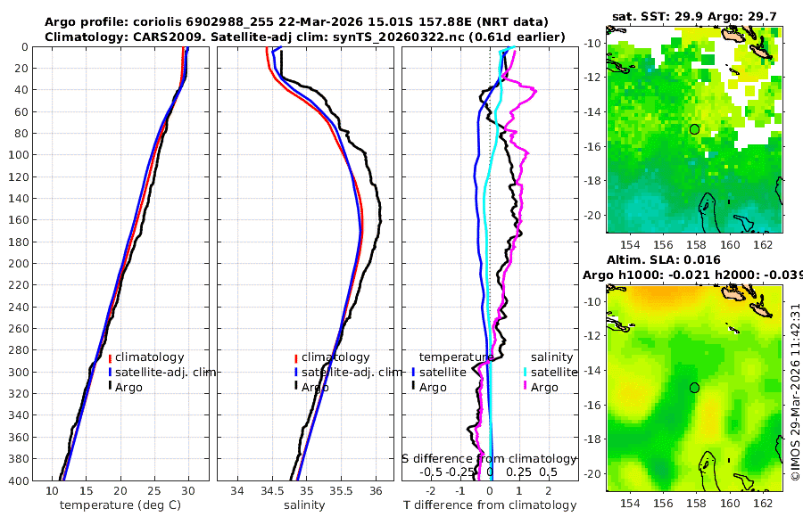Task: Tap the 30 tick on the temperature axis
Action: (188, 490)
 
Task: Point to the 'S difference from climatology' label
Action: (489, 458)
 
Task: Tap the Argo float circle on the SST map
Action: (694, 129)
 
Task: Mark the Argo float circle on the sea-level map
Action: (694, 388)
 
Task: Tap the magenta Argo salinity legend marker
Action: (525, 387)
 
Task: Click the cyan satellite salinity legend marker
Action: (525, 372)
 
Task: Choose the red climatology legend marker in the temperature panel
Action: (110, 357)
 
